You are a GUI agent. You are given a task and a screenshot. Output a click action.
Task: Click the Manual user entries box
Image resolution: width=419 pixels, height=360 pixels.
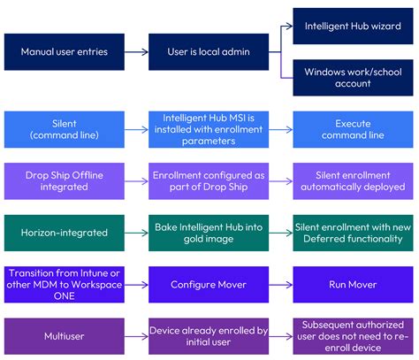[64, 52]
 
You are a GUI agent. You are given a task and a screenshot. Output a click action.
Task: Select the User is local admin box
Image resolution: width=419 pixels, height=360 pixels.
[209, 52]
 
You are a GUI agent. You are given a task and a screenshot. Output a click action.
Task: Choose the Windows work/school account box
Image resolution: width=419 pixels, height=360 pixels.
[354, 77]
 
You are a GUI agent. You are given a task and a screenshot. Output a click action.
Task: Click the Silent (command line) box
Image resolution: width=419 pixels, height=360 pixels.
[64, 129]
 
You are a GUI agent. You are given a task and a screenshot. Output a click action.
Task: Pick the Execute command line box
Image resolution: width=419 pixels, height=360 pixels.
[354, 129]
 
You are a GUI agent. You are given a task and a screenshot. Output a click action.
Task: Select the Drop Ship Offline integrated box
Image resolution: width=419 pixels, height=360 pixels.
[64, 180]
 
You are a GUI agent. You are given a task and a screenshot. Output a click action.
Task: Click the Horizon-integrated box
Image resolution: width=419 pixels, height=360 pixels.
[64, 233]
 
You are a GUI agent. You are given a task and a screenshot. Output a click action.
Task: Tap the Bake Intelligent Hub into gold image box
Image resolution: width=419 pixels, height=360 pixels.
[209, 233]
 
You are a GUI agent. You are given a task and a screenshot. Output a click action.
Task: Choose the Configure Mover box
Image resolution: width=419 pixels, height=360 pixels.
[209, 284]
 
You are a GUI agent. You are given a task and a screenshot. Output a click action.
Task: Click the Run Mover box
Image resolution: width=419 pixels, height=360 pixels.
[354, 284]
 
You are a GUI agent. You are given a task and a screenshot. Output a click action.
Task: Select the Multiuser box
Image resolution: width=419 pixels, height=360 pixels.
[64, 336]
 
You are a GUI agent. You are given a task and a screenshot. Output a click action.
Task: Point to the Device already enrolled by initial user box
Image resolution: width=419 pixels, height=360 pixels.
[209, 336]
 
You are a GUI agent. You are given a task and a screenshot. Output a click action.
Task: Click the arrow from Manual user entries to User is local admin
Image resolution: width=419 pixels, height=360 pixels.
[136, 52]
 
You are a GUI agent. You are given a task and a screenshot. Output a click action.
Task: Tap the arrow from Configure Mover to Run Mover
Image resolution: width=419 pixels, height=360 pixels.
[281, 284]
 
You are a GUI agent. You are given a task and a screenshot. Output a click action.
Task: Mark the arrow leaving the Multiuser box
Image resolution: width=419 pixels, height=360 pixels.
[136, 336]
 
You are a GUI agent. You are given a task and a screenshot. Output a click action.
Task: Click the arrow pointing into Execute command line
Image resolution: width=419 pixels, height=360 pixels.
[281, 129]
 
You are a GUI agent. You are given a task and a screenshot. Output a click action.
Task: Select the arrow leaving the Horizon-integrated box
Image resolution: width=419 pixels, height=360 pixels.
[136, 233]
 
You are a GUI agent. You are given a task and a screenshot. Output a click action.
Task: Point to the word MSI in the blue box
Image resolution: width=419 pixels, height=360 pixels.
[242, 118]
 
